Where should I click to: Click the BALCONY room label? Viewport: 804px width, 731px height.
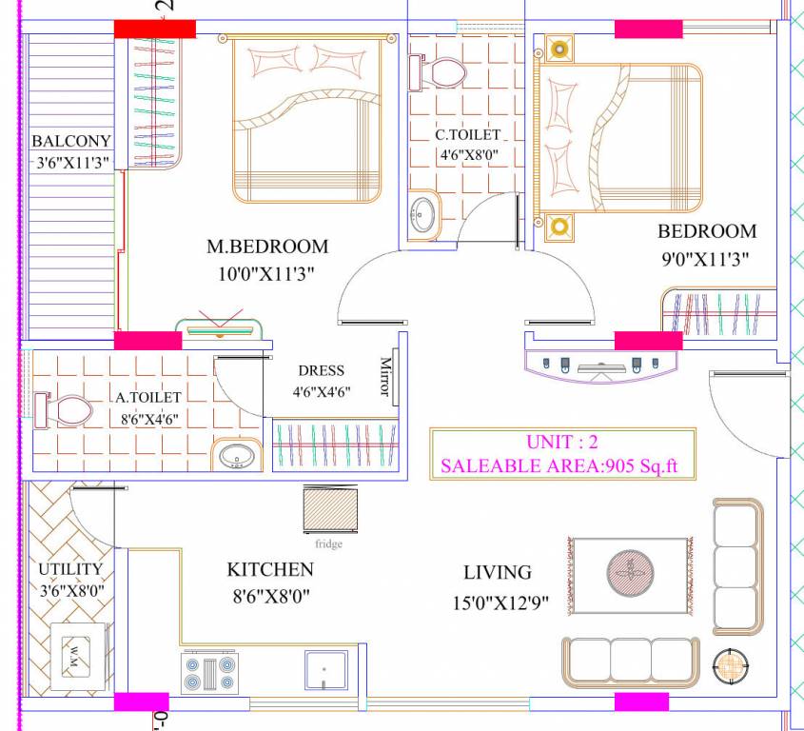point(71,141)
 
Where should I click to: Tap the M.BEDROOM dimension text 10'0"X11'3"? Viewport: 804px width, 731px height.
point(266,273)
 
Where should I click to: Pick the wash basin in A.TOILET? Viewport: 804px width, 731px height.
point(234,456)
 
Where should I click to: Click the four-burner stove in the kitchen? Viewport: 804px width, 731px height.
point(209,673)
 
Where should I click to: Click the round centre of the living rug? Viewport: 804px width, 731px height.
point(630,574)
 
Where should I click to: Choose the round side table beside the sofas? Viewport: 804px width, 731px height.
point(731,665)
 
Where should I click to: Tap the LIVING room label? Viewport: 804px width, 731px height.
point(497,572)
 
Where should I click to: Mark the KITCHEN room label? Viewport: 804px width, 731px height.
point(269,569)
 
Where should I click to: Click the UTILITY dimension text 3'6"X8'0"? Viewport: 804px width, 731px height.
point(70,590)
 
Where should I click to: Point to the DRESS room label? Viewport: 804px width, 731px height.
point(321,370)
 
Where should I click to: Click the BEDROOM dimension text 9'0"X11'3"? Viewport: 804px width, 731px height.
point(707,258)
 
